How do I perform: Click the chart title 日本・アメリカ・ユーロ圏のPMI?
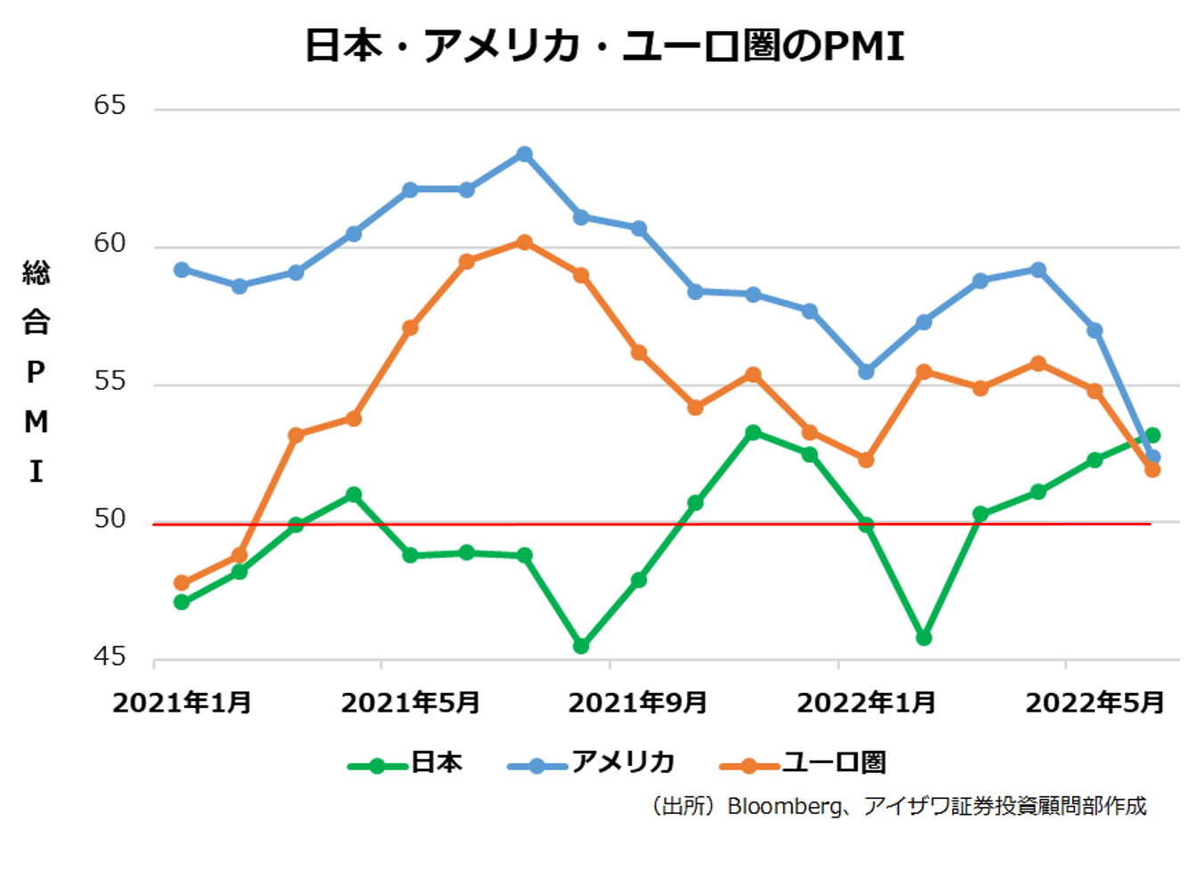[604, 45]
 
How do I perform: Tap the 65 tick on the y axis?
[110, 105]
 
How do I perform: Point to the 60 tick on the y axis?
[110, 243]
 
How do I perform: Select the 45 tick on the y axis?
[110, 656]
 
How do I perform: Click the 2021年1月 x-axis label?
[182, 703]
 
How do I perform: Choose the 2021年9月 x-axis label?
[638, 703]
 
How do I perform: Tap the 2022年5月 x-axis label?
[1095, 703]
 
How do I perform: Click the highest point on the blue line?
[524, 154]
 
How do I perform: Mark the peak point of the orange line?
[524, 242]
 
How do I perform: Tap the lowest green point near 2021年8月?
[581, 646]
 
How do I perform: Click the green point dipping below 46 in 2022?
[924, 638]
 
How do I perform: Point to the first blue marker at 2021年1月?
[182, 269]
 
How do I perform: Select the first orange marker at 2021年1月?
[182, 583]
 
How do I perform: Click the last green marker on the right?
[1152, 435]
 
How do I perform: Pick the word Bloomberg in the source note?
[783, 806]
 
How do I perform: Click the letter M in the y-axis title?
[36, 421]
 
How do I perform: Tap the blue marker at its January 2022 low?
[866, 371]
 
